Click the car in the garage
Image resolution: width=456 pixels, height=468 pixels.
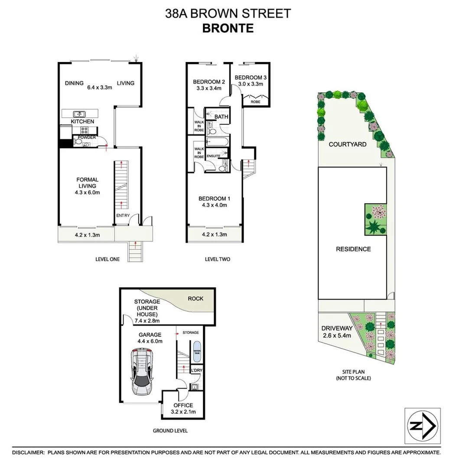[143, 372]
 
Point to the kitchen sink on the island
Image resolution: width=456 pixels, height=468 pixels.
[79, 114]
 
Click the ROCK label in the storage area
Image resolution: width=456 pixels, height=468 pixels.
[195, 299]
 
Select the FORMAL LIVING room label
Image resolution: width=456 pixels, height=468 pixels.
[88, 183]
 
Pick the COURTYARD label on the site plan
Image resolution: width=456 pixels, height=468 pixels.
[348, 144]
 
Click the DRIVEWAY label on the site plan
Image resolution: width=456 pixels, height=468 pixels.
[337, 328]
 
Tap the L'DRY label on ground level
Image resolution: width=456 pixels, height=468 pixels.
[197, 370]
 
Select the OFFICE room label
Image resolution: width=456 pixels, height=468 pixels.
[183, 405]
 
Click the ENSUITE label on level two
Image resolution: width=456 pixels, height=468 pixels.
[213, 155]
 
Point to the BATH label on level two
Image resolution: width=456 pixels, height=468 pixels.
[221, 117]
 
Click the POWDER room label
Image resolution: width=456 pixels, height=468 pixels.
[86, 137]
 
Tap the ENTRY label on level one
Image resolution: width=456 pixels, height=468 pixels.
[122, 215]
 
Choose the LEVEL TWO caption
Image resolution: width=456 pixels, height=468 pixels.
[217, 260]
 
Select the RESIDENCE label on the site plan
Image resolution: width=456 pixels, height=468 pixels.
[353, 249]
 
